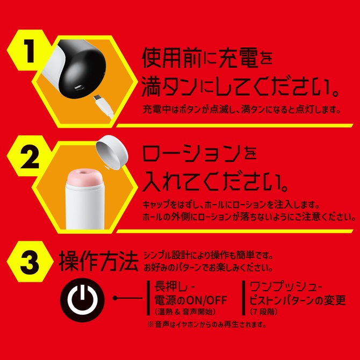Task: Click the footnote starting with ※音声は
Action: click(x=206, y=325)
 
